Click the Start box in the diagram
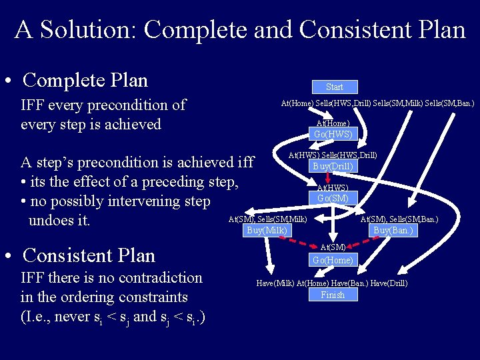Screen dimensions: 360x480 click(334, 87)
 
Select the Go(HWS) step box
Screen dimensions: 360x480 click(333, 134)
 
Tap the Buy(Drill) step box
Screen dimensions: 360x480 click(333, 166)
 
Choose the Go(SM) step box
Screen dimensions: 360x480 click(333, 198)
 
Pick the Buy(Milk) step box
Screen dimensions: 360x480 click(267, 231)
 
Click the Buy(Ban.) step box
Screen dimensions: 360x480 click(393, 231)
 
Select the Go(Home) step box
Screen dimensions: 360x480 click(333, 260)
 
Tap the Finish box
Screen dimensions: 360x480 click(333, 295)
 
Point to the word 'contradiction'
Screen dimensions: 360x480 click(159, 278)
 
